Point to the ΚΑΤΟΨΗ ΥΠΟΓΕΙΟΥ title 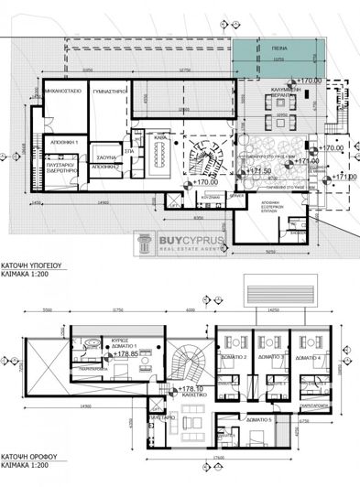click(x=32, y=260)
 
